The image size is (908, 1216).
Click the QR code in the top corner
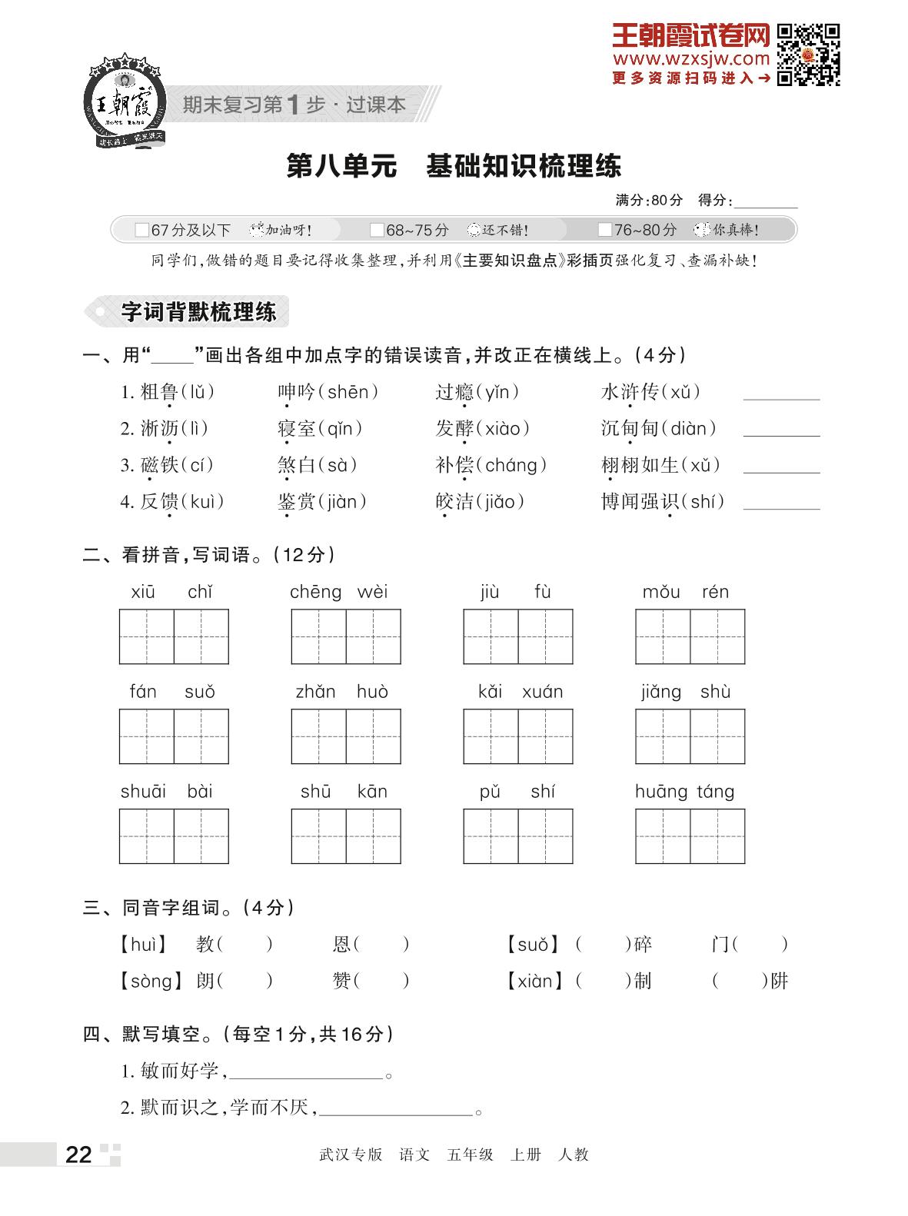coord(808,55)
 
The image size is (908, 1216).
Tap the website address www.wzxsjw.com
coord(690,58)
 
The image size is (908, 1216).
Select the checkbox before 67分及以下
coord(141,230)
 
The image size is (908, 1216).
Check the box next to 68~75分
coord(376,230)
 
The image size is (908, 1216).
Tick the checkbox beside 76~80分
coord(604,230)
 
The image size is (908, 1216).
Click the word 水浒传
coord(630,392)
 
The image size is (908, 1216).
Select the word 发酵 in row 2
coord(454,428)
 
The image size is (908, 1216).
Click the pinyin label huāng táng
coord(684,791)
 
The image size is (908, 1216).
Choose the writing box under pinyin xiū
coord(147,636)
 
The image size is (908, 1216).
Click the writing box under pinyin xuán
coord(545,736)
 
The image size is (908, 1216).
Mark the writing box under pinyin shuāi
coord(147,836)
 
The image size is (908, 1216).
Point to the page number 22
coord(78,1155)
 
